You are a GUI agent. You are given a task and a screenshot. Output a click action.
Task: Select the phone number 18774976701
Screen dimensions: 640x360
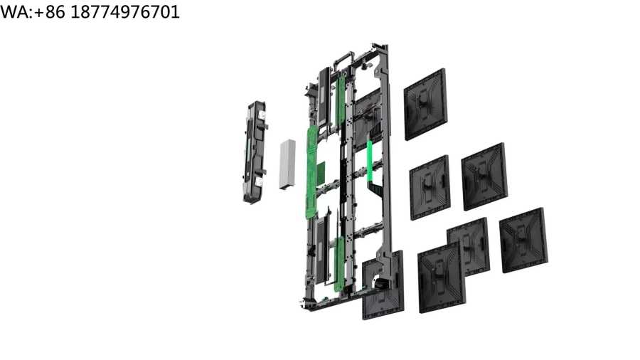[125, 12]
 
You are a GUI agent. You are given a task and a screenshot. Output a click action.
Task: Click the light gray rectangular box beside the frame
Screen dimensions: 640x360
[287, 164]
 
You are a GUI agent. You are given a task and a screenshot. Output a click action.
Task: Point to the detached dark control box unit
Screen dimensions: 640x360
[255, 152]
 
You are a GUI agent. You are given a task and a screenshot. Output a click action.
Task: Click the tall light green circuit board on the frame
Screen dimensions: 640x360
[312, 171]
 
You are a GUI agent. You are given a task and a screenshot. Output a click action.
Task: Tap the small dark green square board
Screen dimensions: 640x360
[321, 172]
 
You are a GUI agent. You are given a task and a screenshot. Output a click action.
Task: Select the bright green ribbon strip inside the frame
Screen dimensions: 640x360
[370, 162]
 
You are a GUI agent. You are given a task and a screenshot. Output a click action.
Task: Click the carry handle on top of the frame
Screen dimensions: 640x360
[343, 57]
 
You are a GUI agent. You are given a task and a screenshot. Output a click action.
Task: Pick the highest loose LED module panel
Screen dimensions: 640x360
[425, 105]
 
